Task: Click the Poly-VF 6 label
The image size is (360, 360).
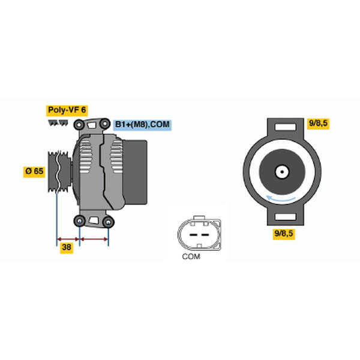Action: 67,110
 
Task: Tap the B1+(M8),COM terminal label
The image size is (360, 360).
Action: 142,125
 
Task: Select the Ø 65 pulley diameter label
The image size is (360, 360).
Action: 34,171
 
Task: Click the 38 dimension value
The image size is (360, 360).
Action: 67,247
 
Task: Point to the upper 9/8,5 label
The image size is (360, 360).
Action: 318,124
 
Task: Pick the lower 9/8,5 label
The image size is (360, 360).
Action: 284,234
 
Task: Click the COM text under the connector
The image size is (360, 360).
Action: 191,256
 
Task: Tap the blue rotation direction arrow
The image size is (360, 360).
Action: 281,199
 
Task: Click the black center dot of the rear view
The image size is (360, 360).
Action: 282,172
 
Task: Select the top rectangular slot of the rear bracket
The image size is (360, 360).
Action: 286,127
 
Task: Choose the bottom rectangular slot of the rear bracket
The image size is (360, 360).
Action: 286,217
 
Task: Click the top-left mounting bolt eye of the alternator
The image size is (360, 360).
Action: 79,125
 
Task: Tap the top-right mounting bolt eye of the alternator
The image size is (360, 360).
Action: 104,124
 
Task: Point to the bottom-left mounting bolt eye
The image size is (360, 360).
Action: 79,221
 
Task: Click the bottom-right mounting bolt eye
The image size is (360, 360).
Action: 109,222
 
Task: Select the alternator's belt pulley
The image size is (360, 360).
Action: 59,172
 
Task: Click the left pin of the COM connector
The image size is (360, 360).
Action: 193,235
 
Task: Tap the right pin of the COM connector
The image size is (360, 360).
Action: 205,235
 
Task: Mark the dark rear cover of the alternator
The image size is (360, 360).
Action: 135,172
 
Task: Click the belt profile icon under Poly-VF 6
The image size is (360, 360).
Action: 58,123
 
